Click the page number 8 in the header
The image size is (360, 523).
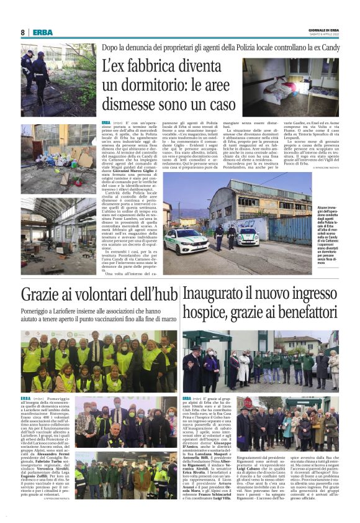[23, 32]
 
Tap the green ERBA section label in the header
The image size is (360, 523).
[43, 32]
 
